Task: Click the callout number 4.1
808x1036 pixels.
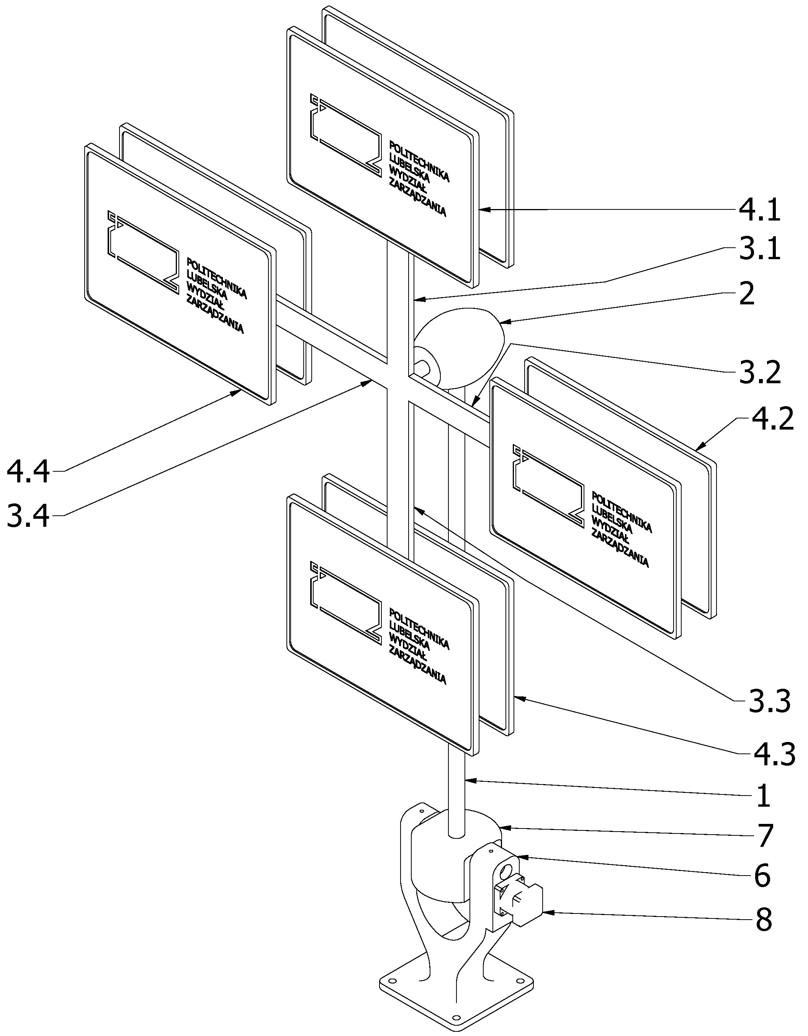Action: tap(759, 210)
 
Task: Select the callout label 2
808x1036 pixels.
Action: tap(747, 294)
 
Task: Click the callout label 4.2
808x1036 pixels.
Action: tap(772, 420)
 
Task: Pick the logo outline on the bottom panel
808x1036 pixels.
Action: tap(346, 603)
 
